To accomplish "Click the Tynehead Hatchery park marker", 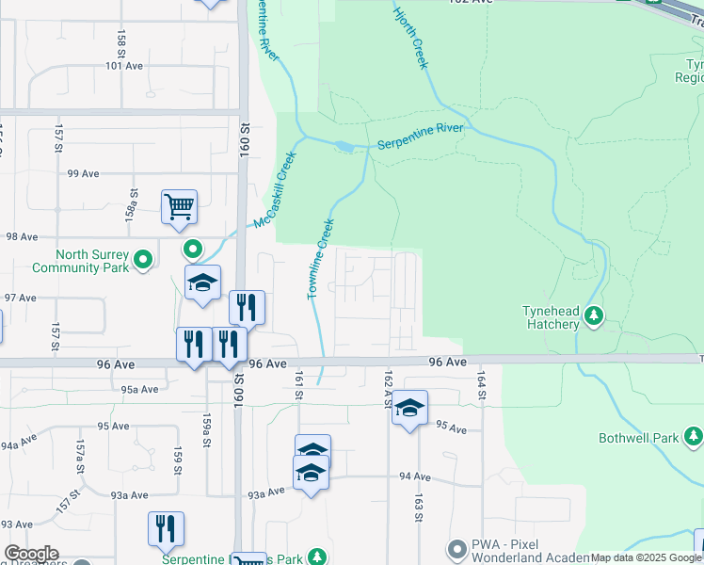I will [594, 315].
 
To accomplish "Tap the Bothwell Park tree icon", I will [694, 435].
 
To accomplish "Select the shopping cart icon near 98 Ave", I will [179, 206].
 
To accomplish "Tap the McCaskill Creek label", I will [272, 189].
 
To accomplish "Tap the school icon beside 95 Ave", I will [409, 407].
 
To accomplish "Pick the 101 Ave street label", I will [123, 66].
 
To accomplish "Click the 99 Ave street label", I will [83, 173].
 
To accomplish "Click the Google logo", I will [31, 554].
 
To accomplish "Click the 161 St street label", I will [298, 385].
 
